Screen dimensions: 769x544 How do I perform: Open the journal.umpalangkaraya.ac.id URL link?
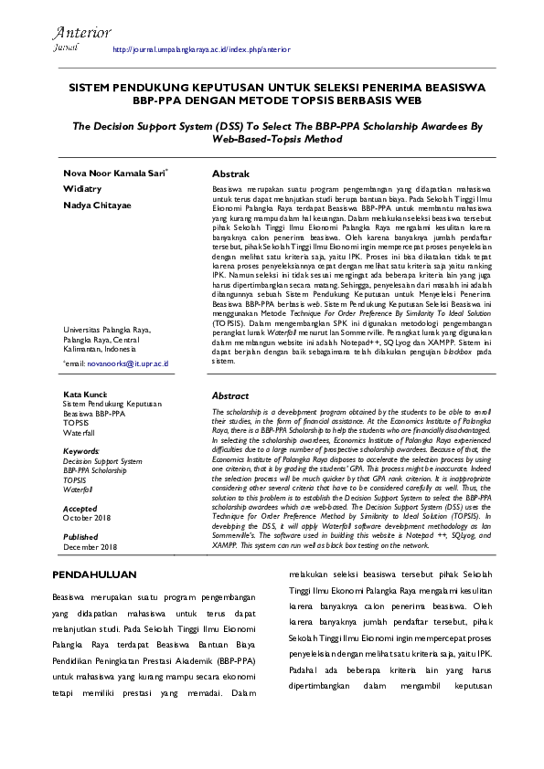click(200, 49)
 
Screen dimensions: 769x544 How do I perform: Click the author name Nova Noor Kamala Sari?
click(114, 173)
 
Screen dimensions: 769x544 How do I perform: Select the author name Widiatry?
click(83, 189)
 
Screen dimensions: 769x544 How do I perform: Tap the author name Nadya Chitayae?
click(97, 205)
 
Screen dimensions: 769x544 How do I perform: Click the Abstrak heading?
click(230, 173)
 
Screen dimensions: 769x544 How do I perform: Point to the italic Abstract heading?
click(230, 396)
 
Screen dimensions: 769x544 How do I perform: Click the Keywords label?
click(80, 451)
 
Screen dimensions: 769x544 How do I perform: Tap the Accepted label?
click(80, 508)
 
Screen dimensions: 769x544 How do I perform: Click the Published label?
click(80, 537)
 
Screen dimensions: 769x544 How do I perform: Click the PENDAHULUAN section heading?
click(94, 574)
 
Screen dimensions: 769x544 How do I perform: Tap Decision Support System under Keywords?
click(102, 461)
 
